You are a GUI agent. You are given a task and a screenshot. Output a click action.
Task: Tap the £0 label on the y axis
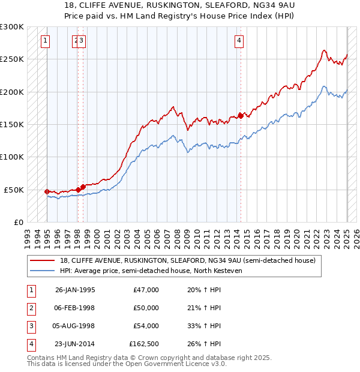(18, 222)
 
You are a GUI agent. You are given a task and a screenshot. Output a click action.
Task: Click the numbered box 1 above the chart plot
(46, 41)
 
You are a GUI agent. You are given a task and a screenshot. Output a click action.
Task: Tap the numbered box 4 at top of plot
(239, 41)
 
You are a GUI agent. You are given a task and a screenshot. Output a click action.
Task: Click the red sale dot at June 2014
(241, 116)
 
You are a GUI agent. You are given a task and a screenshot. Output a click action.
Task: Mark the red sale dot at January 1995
(47, 191)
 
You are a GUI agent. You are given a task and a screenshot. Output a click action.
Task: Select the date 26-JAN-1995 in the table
(75, 290)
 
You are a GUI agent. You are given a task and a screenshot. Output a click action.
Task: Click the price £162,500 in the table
(144, 344)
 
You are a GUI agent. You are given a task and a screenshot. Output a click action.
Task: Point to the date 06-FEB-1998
(75, 308)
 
